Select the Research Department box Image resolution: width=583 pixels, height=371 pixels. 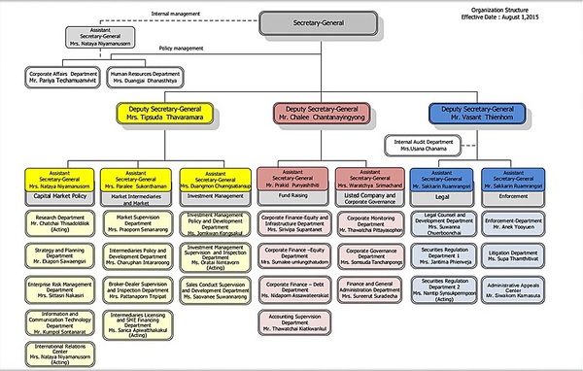(x=61, y=221)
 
